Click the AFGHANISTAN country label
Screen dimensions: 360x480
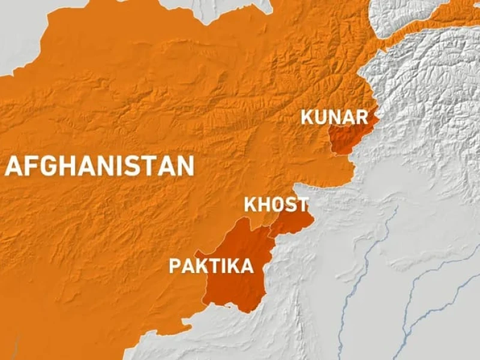(100, 166)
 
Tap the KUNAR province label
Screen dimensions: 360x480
(334, 116)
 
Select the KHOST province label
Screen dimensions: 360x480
(276, 204)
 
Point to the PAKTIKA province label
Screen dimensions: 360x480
(211, 266)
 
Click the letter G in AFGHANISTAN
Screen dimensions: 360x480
(49, 166)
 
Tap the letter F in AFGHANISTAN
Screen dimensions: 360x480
(30, 166)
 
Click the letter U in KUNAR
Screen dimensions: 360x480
(322, 116)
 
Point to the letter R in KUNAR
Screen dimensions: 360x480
(361, 116)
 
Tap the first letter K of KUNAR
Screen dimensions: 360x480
(308, 116)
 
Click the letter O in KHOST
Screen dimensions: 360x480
(278, 204)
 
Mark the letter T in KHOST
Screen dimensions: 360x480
(302, 204)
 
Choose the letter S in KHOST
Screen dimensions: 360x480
(291, 204)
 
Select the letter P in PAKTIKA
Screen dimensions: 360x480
(175, 266)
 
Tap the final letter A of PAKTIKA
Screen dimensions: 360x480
(247, 266)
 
